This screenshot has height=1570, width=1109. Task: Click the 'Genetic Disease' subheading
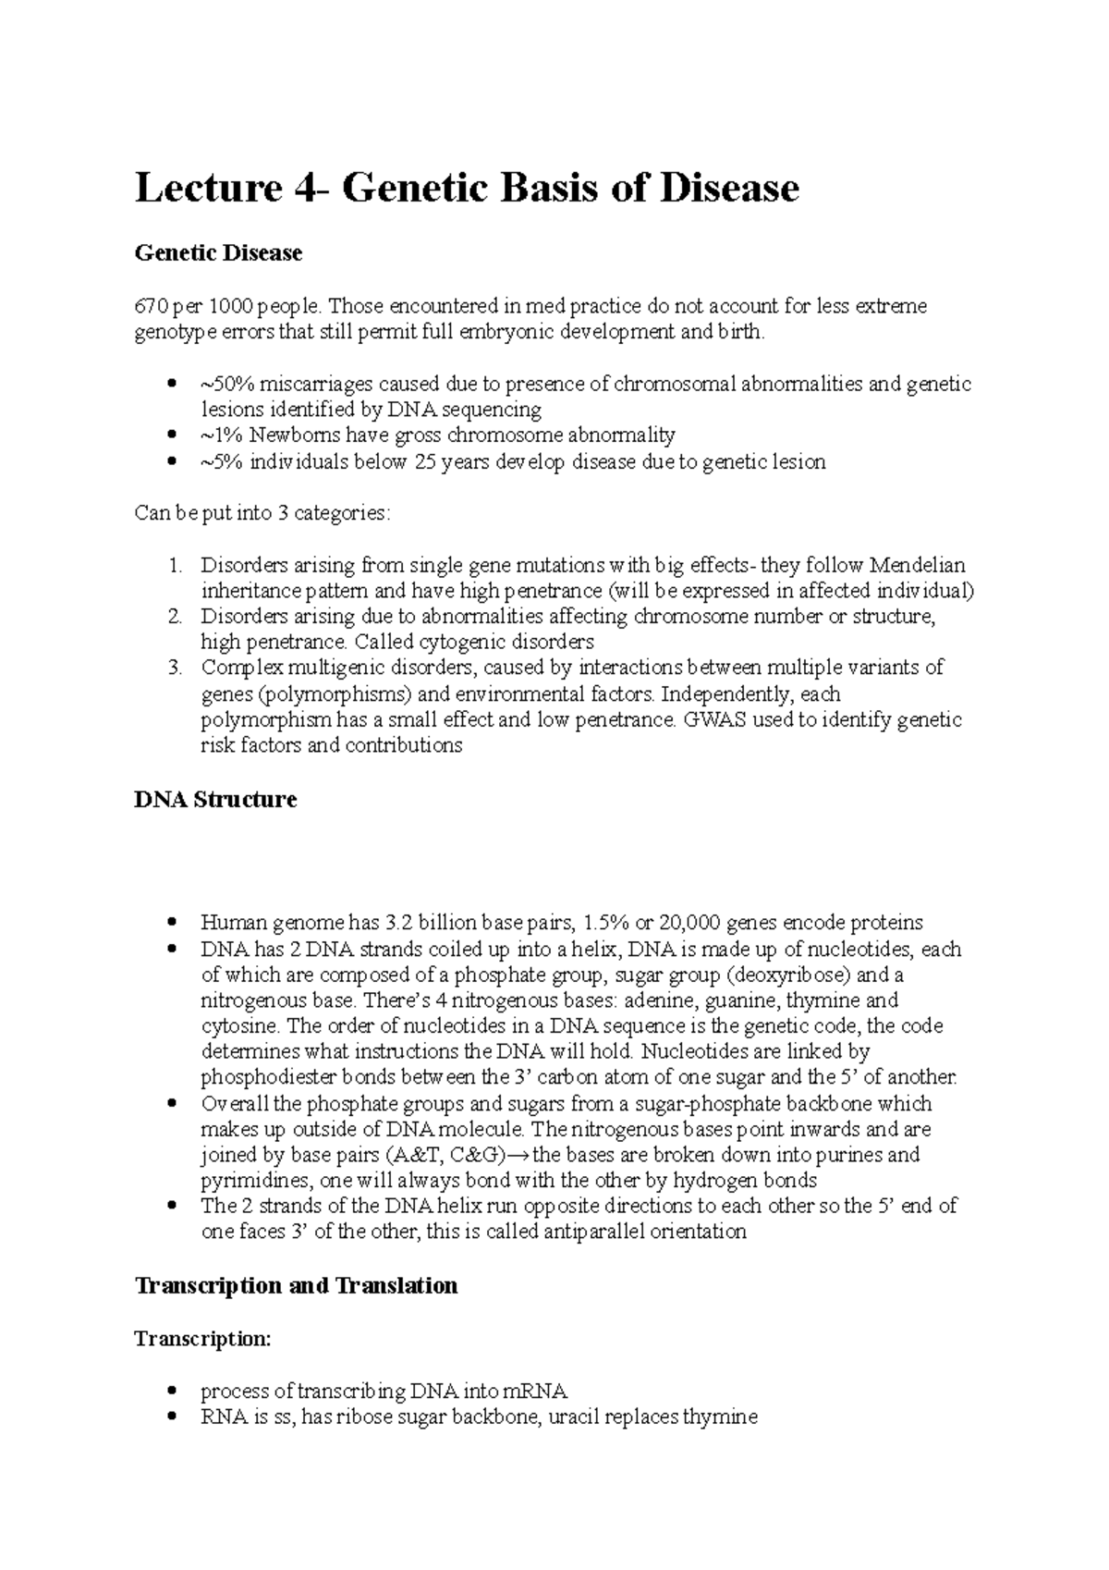218,252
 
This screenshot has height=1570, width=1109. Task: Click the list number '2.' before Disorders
177,617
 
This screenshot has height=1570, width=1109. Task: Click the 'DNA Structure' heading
215,800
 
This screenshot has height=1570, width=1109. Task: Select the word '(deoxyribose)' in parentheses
791,975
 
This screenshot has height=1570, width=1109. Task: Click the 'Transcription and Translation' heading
296,1286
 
